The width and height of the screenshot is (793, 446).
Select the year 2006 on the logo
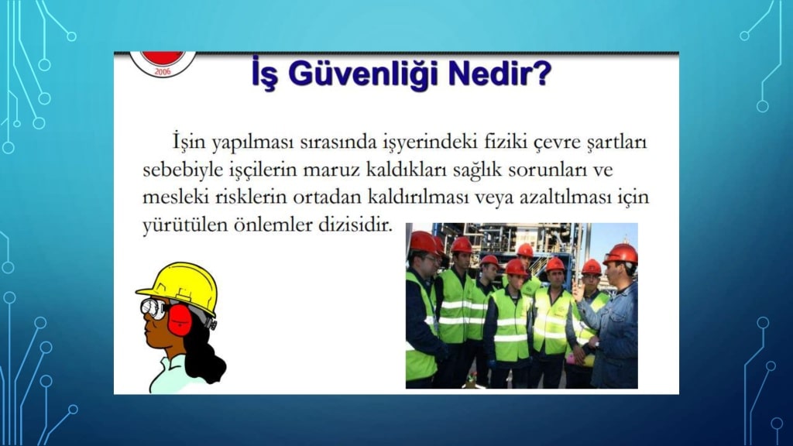click(x=163, y=71)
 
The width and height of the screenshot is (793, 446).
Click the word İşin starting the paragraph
click(x=189, y=142)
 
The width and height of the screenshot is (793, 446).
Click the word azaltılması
click(x=565, y=196)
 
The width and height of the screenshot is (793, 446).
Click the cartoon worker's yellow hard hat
click(x=179, y=287)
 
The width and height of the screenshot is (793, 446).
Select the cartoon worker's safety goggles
click(x=153, y=307)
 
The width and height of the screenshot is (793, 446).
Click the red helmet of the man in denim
click(x=621, y=254)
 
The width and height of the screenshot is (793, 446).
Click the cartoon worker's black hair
click(x=204, y=354)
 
